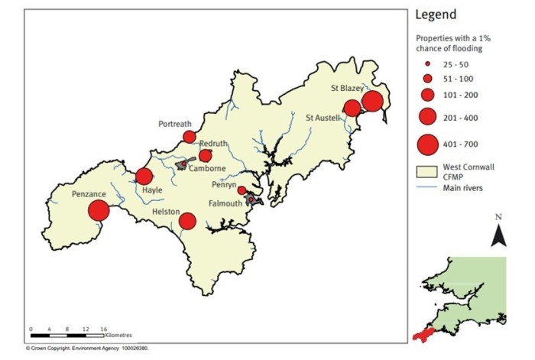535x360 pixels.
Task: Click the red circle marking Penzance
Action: [x=99, y=210]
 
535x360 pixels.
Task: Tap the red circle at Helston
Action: [x=187, y=222]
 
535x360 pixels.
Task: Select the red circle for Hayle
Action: [x=144, y=177]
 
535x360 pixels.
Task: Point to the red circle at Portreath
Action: [x=189, y=137]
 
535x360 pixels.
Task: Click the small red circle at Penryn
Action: [x=242, y=190]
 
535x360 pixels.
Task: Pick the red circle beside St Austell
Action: [x=352, y=108]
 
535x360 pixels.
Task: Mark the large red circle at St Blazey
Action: [x=372, y=101]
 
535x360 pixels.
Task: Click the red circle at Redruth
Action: [x=205, y=156]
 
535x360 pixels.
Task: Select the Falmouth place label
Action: [x=227, y=203]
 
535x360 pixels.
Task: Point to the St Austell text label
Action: [x=322, y=118]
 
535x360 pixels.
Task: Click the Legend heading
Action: [x=436, y=15]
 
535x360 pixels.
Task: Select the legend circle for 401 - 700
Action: [x=428, y=143]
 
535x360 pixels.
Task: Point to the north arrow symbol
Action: [x=498, y=233]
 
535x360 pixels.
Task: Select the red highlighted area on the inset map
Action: [x=420, y=335]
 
